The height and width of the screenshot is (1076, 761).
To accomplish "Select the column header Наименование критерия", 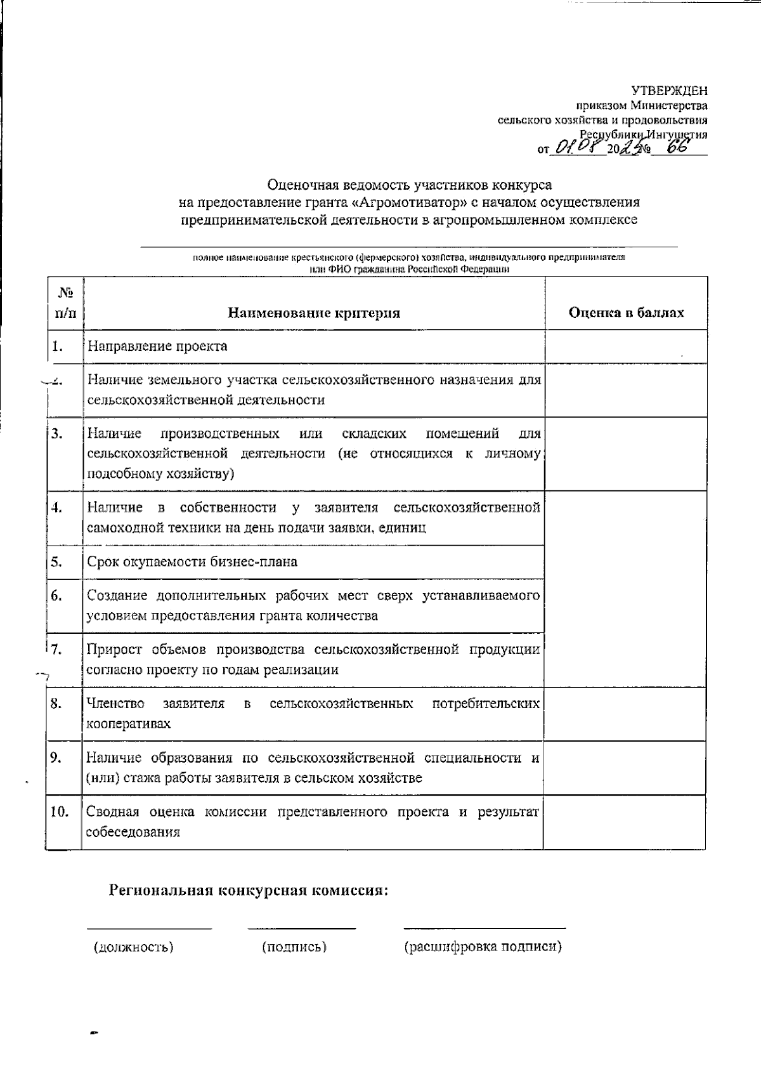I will tap(314, 313).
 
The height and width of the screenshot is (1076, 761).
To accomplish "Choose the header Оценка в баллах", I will tap(626, 313).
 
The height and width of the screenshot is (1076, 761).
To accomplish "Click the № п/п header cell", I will tap(65, 303).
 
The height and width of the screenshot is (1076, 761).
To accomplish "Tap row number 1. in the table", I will tap(58, 346).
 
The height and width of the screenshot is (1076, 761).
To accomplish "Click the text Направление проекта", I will tap(157, 346).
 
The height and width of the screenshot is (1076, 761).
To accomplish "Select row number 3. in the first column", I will tap(58, 434).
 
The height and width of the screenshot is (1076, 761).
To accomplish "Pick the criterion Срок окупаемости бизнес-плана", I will tap(192, 562).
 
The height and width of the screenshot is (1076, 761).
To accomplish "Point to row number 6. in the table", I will tap(57, 596).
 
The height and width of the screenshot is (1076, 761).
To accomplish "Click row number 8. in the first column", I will tap(56, 704).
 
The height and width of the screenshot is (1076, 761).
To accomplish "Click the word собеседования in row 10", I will tap(133, 832).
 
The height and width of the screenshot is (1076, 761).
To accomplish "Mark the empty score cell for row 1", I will tap(625, 346).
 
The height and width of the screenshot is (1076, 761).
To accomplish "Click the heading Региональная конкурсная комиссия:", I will tap(249, 890).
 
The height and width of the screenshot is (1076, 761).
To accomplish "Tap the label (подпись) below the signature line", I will tap(294, 947).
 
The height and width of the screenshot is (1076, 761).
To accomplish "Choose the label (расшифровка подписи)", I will tap(483, 947).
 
